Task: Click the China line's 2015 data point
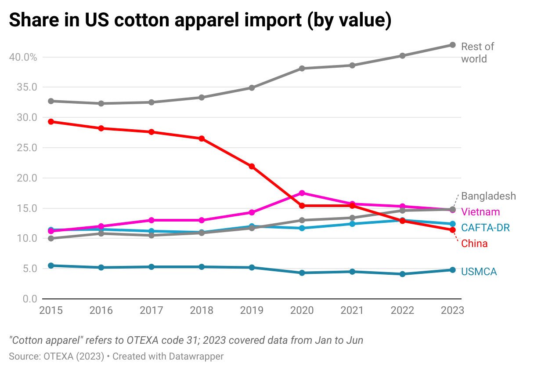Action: coord(51,122)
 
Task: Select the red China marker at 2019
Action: coord(252,167)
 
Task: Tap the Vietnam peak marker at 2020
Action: coord(302,193)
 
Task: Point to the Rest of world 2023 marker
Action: coord(452,45)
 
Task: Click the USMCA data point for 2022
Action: coord(402,274)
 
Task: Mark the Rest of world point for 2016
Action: coord(101,104)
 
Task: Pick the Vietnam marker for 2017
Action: coord(152,220)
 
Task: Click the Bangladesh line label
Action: coord(488,196)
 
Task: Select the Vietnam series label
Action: coord(480,212)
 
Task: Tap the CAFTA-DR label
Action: coord(485,228)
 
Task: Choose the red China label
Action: coord(474,244)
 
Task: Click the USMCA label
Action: coord(479,272)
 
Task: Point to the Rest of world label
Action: coord(477,53)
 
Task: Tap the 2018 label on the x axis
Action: coord(202,310)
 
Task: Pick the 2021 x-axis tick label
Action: coord(352,310)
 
